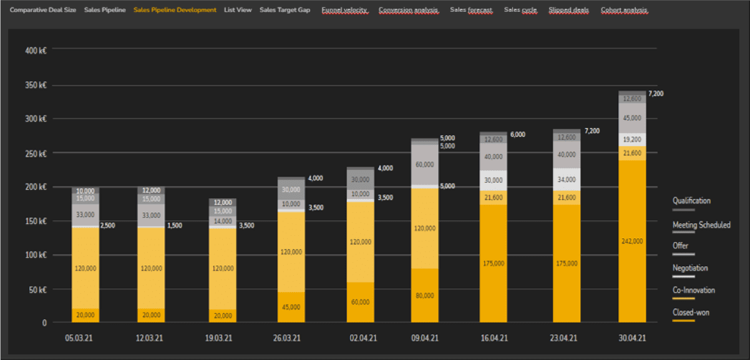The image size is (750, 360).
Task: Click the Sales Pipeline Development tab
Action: pyautogui.click(x=175, y=10)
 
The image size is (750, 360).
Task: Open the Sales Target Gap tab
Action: pyautogui.click(x=285, y=10)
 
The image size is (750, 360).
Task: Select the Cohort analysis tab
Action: pyautogui.click(x=624, y=10)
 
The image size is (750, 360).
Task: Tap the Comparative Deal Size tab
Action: pyautogui.click(x=43, y=10)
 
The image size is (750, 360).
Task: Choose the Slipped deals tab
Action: pyautogui.click(x=568, y=10)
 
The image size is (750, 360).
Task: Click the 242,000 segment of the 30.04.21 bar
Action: pyautogui.click(x=632, y=241)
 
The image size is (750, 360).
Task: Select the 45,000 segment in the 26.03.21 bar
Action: pyautogui.click(x=291, y=307)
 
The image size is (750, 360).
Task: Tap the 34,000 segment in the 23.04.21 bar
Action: pyautogui.click(x=567, y=180)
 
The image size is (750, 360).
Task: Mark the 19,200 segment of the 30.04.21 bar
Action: pyautogui.click(x=632, y=140)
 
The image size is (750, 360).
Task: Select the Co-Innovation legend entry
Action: pyautogui.click(x=694, y=290)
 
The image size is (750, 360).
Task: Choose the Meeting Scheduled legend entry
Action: pyautogui.click(x=701, y=225)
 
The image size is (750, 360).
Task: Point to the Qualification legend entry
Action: pyautogui.click(x=691, y=201)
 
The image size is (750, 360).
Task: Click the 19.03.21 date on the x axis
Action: pyautogui.click(x=218, y=338)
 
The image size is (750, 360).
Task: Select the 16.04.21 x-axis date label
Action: pyautogui.click(x=494, y=338)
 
